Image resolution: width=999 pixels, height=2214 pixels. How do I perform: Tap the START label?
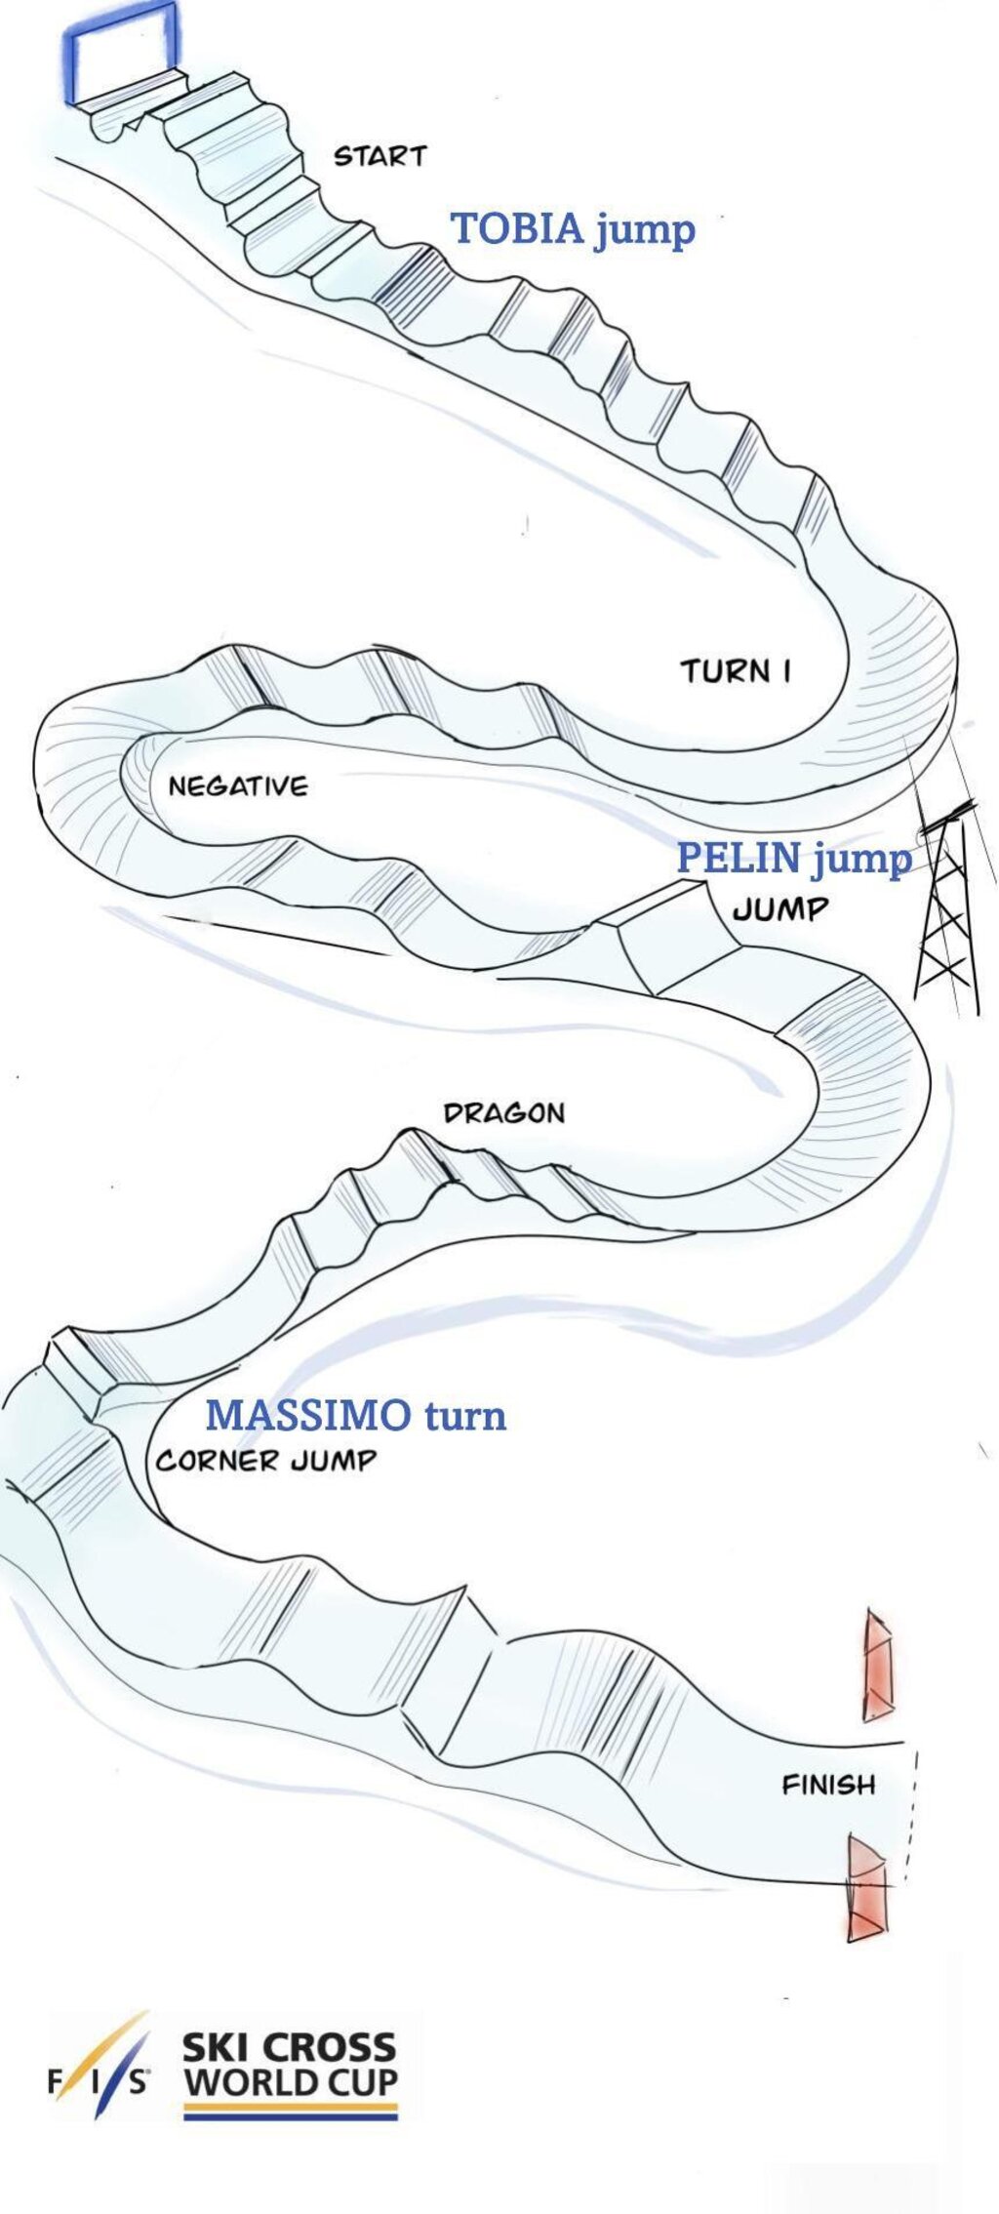pos(380,156)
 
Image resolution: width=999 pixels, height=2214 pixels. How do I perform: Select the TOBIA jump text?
pos(573,229)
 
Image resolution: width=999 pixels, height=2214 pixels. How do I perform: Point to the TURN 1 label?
pos(735,671)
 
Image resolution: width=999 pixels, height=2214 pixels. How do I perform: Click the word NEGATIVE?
pos(238,785)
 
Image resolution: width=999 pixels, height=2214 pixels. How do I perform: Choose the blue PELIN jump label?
pos(794,859)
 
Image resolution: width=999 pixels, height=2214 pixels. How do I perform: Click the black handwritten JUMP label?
pos(780,909)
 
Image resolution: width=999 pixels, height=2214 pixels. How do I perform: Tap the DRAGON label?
pos(503,1113)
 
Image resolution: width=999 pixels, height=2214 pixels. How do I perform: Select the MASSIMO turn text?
pos(356,1415)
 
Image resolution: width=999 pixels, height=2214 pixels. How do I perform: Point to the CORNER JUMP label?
pos(265,1461)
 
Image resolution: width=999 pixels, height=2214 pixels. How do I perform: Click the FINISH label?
pos(828,1785)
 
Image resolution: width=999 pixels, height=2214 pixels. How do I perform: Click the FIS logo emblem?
pos(99,2078)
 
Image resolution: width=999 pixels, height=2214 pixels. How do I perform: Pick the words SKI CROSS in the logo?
pos(290,2046)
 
